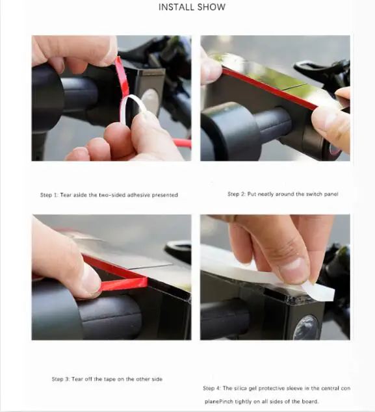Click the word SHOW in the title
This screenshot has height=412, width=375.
pos(211,7)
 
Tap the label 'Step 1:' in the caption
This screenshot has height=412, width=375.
pos(49,195)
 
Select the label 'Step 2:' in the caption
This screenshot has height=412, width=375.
pos(237,194)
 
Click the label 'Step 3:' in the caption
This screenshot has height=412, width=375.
pos(60,379)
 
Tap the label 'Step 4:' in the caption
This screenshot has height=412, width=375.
pos(212,388)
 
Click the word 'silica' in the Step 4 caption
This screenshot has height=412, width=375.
pos(240,388)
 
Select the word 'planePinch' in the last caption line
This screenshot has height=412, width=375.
pos(219,402)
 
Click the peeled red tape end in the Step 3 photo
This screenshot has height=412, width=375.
pos(123,284)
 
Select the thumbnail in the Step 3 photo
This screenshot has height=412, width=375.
pos(90,279)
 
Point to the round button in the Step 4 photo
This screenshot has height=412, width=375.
pos(305,327)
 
